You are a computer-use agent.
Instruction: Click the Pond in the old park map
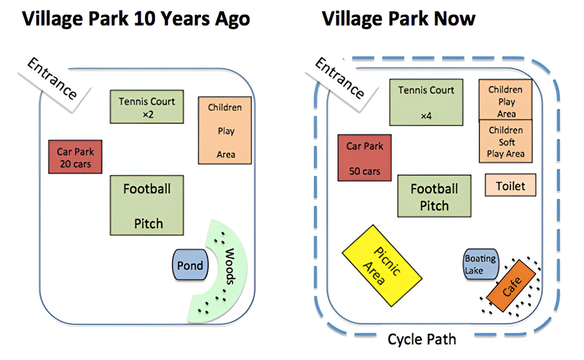pos(190,265)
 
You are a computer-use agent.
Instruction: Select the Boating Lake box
pos(481,264)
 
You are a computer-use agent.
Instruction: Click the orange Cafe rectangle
pos(511,286)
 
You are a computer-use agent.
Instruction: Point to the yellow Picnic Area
pos(382,266)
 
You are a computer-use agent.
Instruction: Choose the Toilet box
pos(510,185)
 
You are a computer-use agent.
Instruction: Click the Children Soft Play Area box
pos(505,142)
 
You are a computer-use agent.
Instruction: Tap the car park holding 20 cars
pos(75,157)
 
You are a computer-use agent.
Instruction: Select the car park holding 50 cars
pos(364,158)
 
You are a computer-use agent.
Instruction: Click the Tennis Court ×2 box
pos(147,107)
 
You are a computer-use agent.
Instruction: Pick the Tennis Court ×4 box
pos(426,102)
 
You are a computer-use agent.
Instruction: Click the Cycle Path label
pos(421,339)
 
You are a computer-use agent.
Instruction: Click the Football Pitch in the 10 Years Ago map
pos(147,206)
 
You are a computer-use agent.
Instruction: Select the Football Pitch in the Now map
pos(434,196)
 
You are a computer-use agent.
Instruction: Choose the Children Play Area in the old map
pos(225,131)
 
